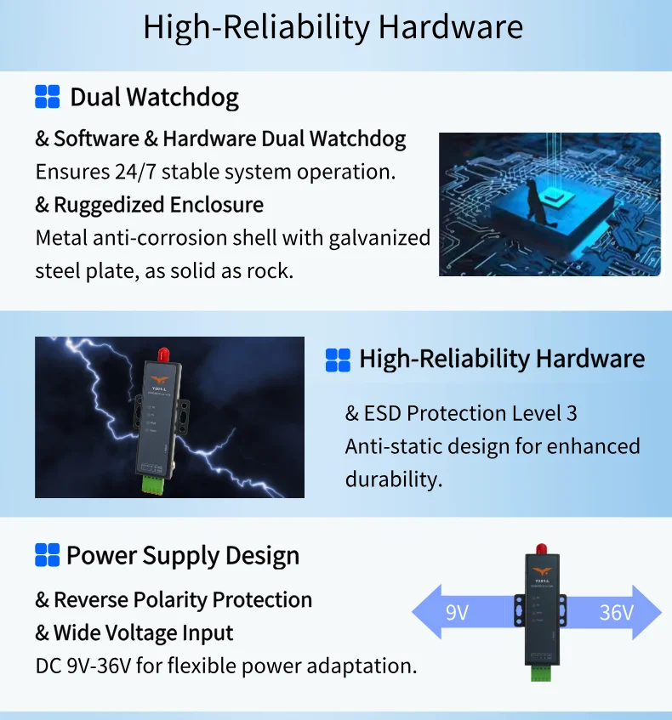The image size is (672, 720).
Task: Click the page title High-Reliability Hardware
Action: pyautogui.click(x=333, y=27)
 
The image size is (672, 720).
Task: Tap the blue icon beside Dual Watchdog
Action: pyautogui.click(x=48, y=97)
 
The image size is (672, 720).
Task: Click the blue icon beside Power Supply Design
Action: pyautogui.click(x=48, y=555)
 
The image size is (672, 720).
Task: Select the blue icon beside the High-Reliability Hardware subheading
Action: pyautogui.click(x=338, y=359)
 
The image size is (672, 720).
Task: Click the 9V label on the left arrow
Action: pyautogui.click(x=457, y=612)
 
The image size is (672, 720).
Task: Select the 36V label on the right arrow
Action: pyautogui.click(x=616, y=612)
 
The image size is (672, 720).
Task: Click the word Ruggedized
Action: pyautogui.click(x=109, y=205)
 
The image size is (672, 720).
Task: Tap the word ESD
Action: pyautogui.click(x=383, y=413)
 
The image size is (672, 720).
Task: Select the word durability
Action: pyautogui.click(x=394, y=479)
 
